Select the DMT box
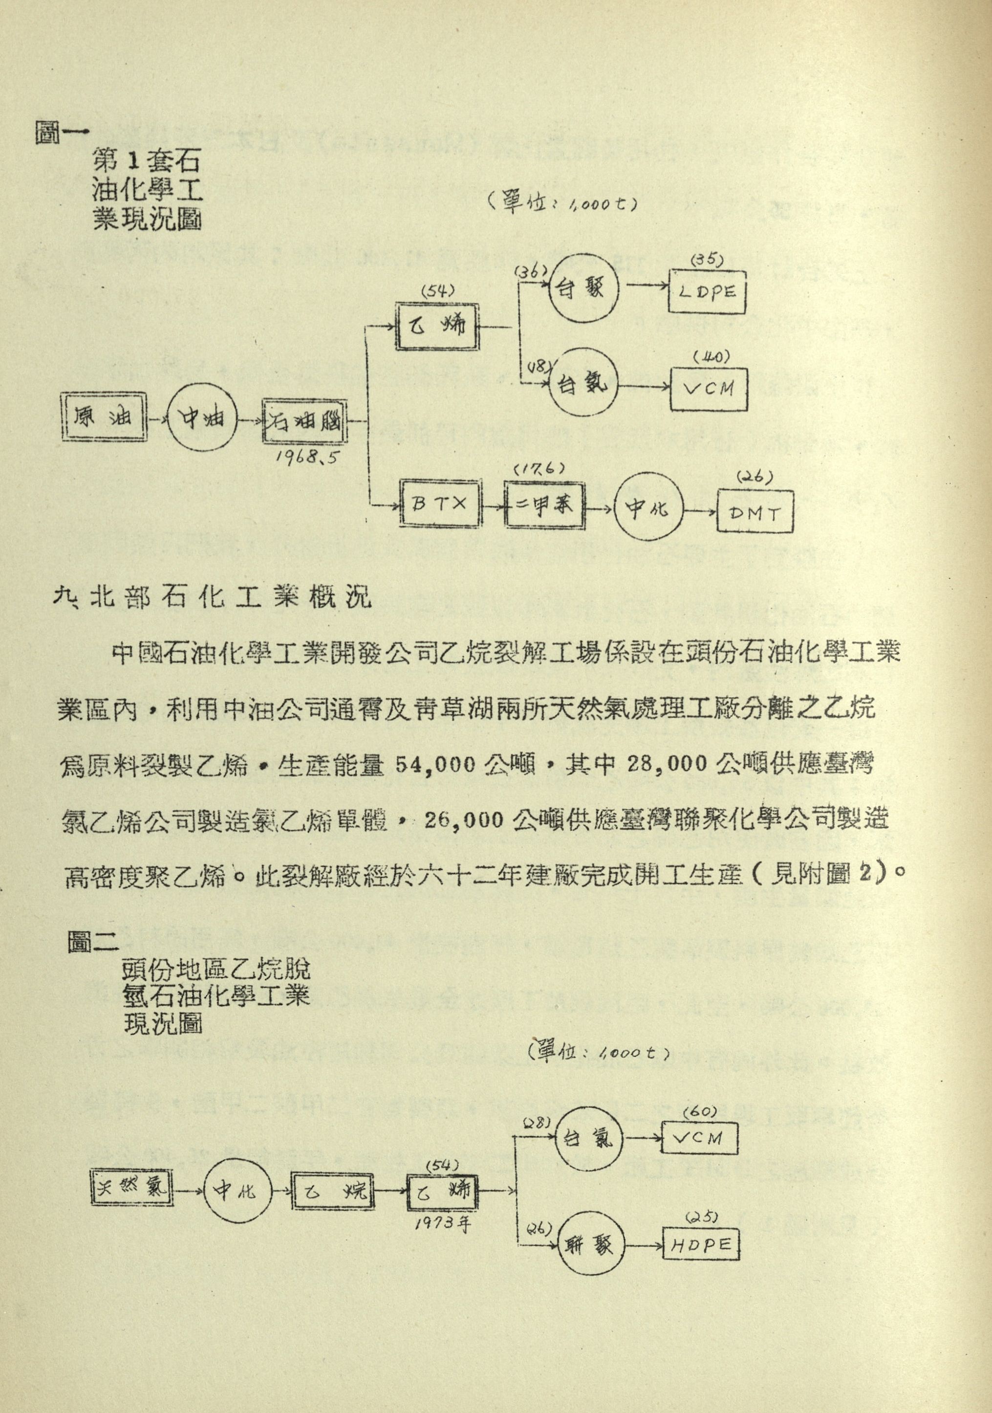coord(755,513)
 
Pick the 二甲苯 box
coord(544,505)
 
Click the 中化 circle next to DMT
coord(649,509)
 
